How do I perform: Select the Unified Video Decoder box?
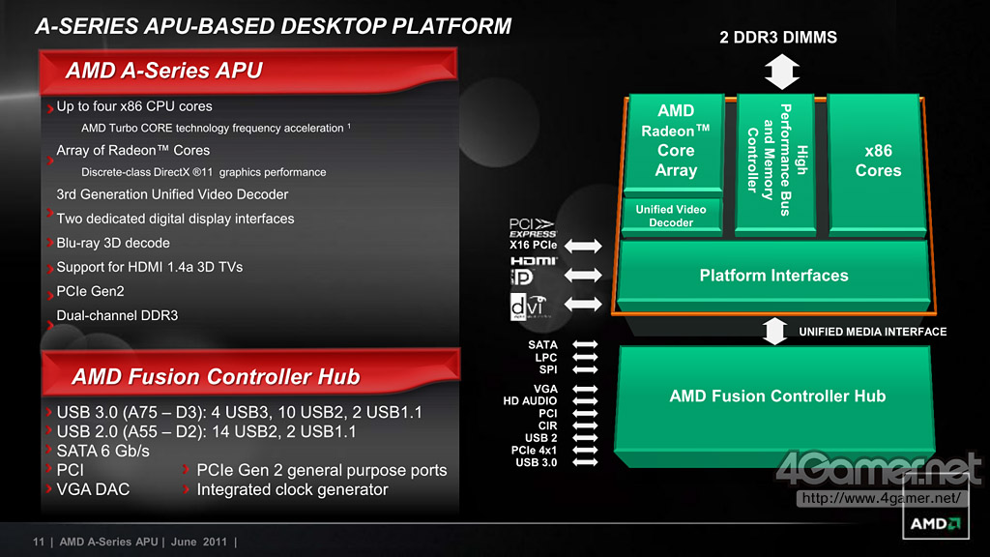pos(671,216)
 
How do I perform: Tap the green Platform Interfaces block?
pos(773,276)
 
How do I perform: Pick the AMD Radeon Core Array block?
pos(675,141)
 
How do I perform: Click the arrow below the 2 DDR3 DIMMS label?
pos(781,72)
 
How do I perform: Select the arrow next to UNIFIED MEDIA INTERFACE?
pos(775,331)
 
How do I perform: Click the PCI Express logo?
pos(533,227)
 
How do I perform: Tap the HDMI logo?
pos(534,261)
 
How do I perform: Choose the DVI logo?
pos(528,307)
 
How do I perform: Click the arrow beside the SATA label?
pos(585,345)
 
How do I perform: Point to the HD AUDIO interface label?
pos(530,401)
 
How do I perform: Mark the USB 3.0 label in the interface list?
pos(536,462)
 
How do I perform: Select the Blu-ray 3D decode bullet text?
pos(113,243)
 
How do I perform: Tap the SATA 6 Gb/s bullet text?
pos(102,451)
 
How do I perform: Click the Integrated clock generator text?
pos(292,489)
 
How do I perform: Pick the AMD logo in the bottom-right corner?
pos(935,523)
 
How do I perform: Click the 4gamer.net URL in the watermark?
pos(882,498)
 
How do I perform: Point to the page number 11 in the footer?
pos(39,542)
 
